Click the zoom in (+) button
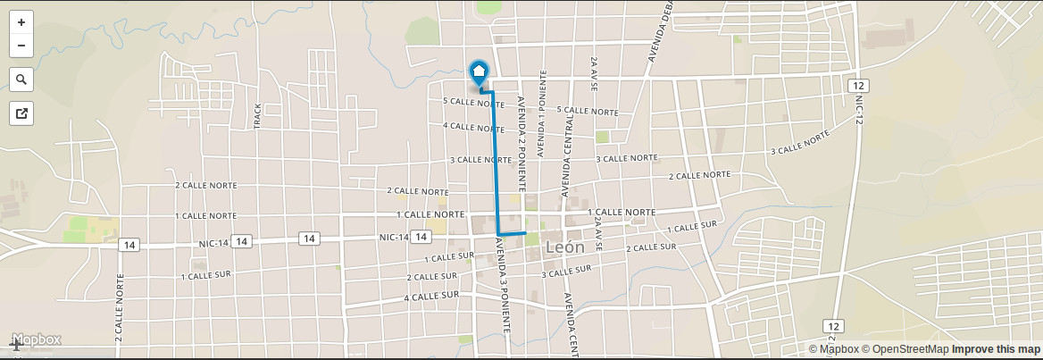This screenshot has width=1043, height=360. pos(21,22)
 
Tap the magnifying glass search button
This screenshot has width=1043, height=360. pos(21,80)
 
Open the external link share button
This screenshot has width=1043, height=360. pos(21,113)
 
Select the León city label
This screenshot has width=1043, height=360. pos(563,247)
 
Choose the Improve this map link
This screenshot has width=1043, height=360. pos(996,349)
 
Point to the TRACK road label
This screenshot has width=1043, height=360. pos(258,115)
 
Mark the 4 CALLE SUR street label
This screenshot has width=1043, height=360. pos(431,296)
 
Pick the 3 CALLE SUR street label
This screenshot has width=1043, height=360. pos(567,271)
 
